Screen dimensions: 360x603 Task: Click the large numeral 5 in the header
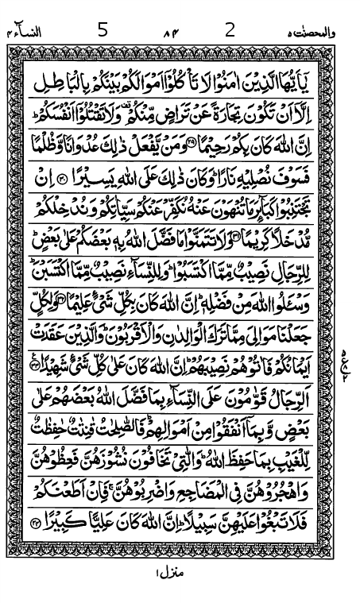click(x=102, y=31)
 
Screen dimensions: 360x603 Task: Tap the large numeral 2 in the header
click(x=230, y=31)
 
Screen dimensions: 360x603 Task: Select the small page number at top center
click(x=168, y=34)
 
